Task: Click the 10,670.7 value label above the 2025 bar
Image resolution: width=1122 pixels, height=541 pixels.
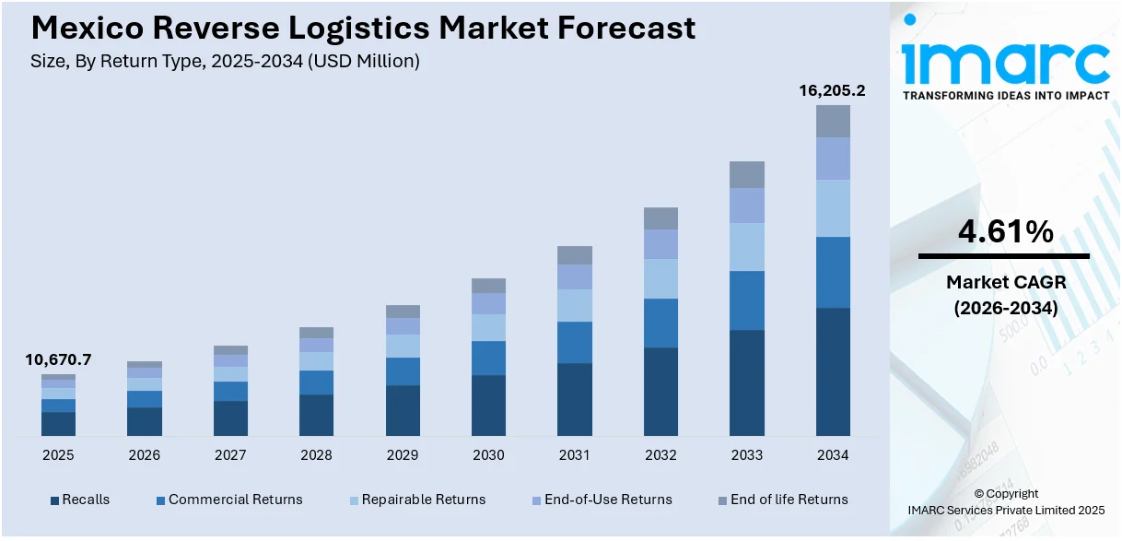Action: (58, 359)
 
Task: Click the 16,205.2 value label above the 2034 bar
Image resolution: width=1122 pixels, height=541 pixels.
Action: (832, 90)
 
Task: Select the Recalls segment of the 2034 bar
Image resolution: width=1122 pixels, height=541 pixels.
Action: (833, 371)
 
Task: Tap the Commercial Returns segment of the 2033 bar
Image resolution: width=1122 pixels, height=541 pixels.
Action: (747, 300)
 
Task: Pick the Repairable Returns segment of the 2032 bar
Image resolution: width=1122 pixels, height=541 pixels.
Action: (660, 278)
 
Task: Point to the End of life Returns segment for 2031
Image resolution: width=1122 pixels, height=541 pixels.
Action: (575, 255)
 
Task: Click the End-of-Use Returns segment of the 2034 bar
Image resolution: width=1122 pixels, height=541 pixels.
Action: (833, 159)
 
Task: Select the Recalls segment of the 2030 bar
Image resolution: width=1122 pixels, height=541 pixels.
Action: (488, 406)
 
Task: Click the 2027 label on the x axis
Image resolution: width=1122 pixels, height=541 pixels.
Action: (230, 455)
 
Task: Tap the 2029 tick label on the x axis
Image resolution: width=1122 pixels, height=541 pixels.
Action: (403, 455)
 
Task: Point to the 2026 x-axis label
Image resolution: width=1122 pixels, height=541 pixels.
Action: (145, 455)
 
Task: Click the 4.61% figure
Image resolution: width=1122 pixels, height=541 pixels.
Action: (1005, 232)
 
